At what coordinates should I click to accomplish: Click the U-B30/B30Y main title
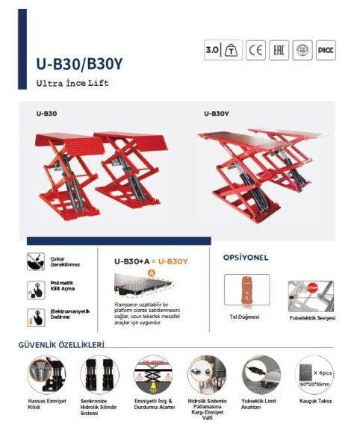tap(79, 63)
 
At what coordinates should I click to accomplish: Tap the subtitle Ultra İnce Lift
tap(72, 83)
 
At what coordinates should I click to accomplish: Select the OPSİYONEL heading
tap(246, 258)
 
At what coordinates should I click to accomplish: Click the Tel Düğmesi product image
tap(246, 290)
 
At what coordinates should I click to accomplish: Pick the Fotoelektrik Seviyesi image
tap(311, 296)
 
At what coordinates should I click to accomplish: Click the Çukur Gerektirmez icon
tap(34, 261)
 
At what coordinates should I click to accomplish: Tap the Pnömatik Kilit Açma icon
tap(34, 288)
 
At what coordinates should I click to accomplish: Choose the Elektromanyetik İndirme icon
tap(34, 316)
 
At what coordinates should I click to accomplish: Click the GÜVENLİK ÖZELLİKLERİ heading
tap(61, 345)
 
